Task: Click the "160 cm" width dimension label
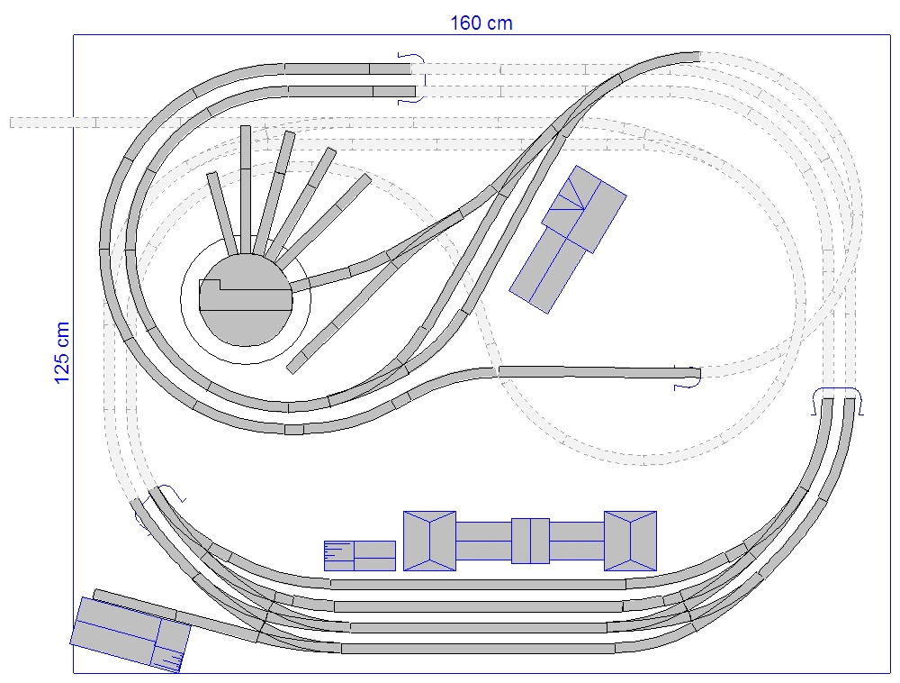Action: (481, 23)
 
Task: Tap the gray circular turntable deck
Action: (245, 311)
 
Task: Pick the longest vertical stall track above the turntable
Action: (245, 189)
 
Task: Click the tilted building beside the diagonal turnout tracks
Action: (567, 239)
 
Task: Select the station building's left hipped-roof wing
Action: (429, 541)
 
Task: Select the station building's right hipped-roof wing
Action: (630, 541)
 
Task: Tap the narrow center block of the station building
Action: (530, 541)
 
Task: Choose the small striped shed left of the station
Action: (359, 555)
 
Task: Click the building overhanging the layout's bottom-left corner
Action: (130, 634)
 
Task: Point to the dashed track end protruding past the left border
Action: (36, 122)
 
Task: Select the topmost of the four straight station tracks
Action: (478, 584)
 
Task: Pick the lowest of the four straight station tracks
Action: (478, 648)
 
